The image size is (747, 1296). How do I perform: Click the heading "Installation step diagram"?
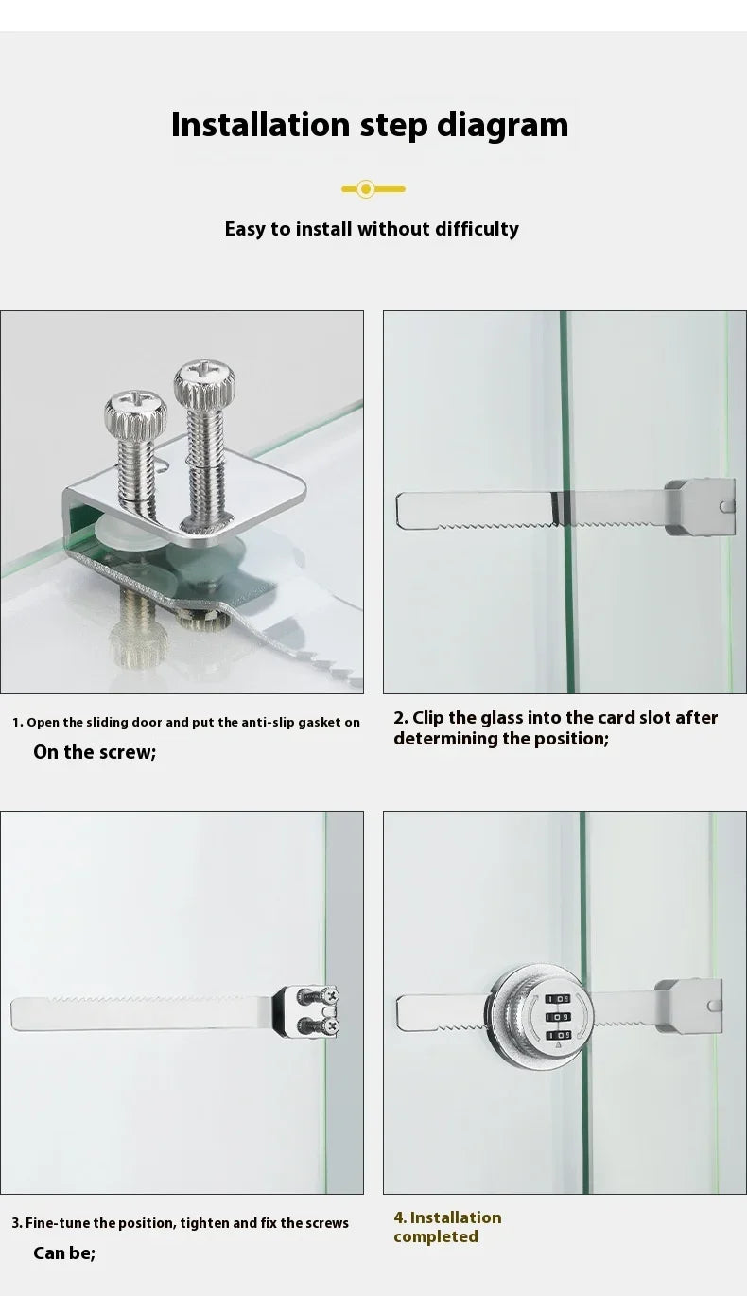(x=370, y=125)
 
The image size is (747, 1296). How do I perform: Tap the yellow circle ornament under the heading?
(x=367, y=189)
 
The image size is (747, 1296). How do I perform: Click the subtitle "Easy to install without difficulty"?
(x=372, y=229)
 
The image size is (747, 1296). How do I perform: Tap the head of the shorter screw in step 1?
(x=135, y=413)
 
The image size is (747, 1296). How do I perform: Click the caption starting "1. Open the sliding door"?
(x=186, y=722)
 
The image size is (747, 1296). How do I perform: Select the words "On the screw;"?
(x=95, y=752)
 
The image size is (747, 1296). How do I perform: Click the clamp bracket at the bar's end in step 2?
(x=699, y=507)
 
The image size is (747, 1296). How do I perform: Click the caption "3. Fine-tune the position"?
(x=180, y=1223)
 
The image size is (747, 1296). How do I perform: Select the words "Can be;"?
(x=64, y=1253)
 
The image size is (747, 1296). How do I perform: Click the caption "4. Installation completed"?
(x=447, y=1227)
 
